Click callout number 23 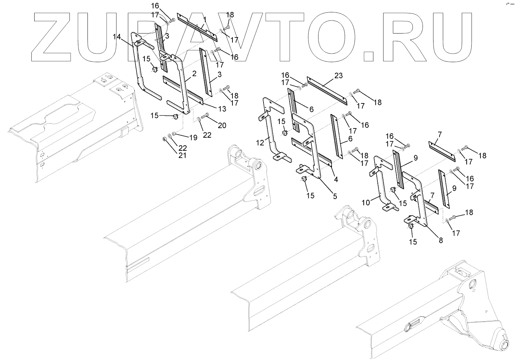(339, 76)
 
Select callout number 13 (222, 109)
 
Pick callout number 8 (441, 240)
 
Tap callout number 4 (336, 179)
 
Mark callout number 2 (194, 74)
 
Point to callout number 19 (193, 138)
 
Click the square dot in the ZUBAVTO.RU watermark (373, 56)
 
